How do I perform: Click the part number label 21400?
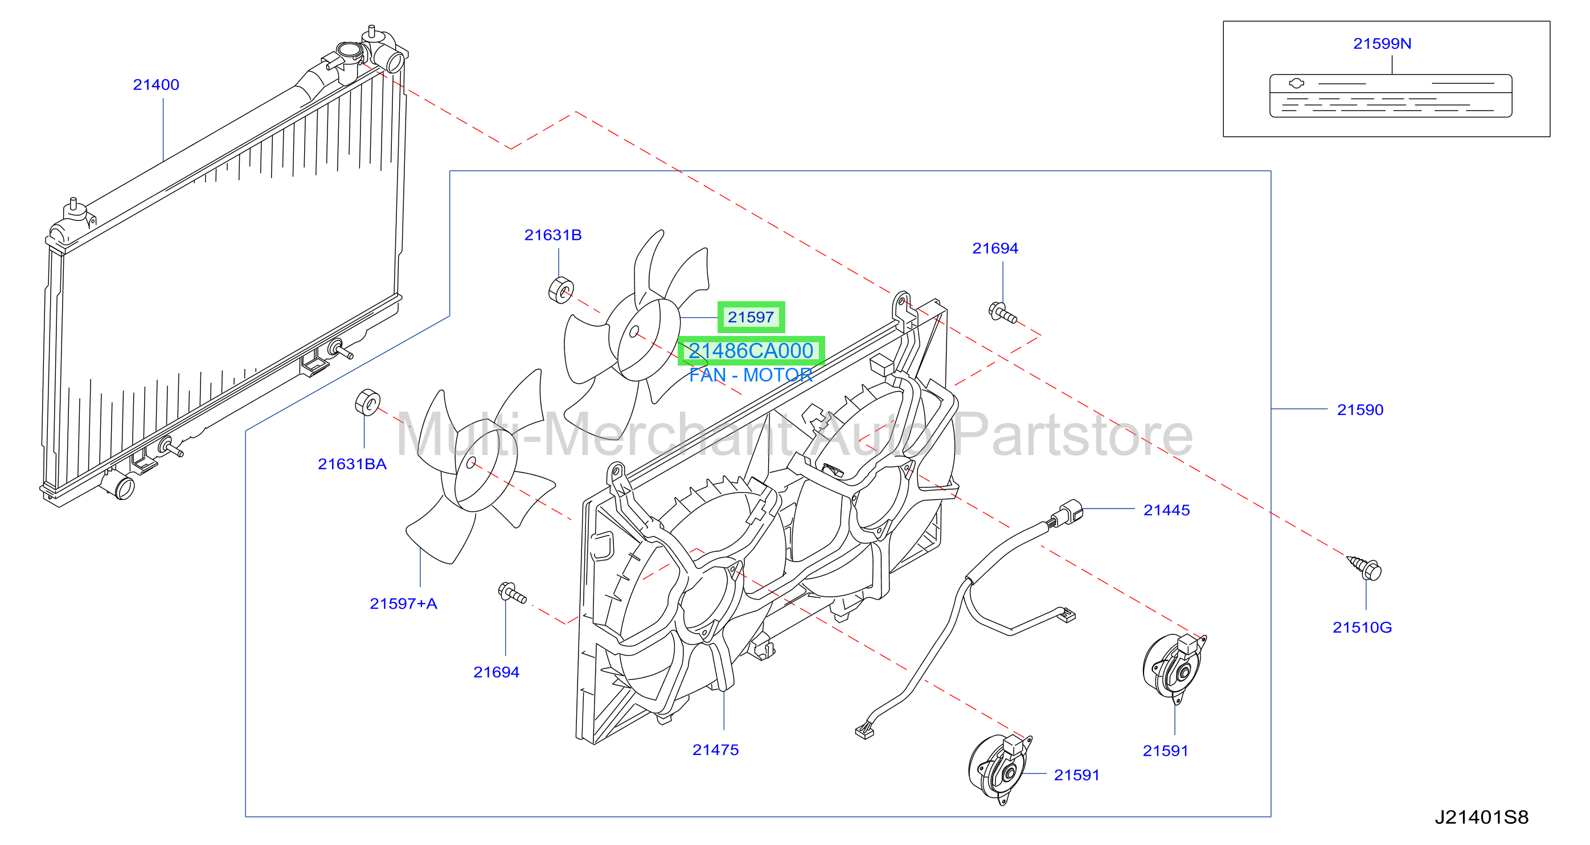[x=155, y=85]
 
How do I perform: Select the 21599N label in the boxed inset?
[x=1382, y=43]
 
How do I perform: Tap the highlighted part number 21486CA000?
[x=751, y=351]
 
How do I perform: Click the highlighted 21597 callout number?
[x=751, y=317]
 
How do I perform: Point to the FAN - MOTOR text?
[x=751, y=375]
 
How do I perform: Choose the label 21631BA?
[x=352, y=463]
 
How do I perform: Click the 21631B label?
[x=552, y=235]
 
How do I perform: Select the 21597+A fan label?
[x=403, y=603]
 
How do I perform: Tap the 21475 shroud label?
[x=715, y=749]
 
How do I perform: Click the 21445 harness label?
[x=1166, y=510]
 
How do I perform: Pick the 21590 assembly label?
[x=1360, y=409]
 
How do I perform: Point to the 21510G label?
[x=1362, y=627]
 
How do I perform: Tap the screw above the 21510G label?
[x=1364, y=567]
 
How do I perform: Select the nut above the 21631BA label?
[x=367, y=403]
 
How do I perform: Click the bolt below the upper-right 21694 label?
[x=1002, y=313]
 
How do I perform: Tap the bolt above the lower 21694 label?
[x=512, y=593]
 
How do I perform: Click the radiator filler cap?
[x=349, y=50]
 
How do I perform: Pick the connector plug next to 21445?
[x=1067, y=512]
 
